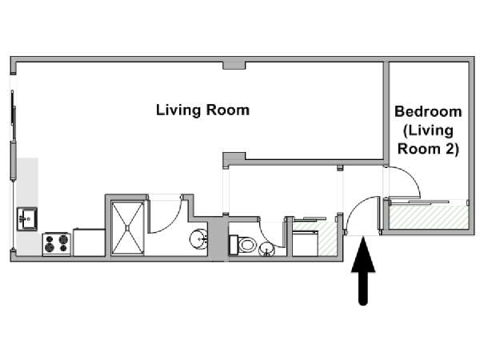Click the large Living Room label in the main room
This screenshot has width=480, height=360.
(x=202, y=110)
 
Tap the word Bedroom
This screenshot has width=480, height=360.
(x=428, y=111)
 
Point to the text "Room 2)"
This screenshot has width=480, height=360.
(x=428, y=149)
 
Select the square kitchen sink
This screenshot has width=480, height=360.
(x=27, y=219)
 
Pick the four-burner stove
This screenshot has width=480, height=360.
(x=57, y=244)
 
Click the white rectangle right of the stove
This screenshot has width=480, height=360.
(x=89, y=242)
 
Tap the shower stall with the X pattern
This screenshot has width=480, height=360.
(x=127, y=228)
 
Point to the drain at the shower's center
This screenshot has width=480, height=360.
(x=127, y=228)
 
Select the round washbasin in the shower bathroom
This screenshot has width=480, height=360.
(x=199, y=238)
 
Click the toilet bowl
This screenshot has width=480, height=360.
(x=246, y=245)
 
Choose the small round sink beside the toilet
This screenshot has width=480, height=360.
(x=266, y=249)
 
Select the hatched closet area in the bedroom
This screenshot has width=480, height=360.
(x=428, y=217)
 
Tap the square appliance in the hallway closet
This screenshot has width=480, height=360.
(x=305, y=243)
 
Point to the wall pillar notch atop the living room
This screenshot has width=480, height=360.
(x=234, y=66)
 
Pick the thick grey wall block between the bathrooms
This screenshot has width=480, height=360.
(x=218, y=238)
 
